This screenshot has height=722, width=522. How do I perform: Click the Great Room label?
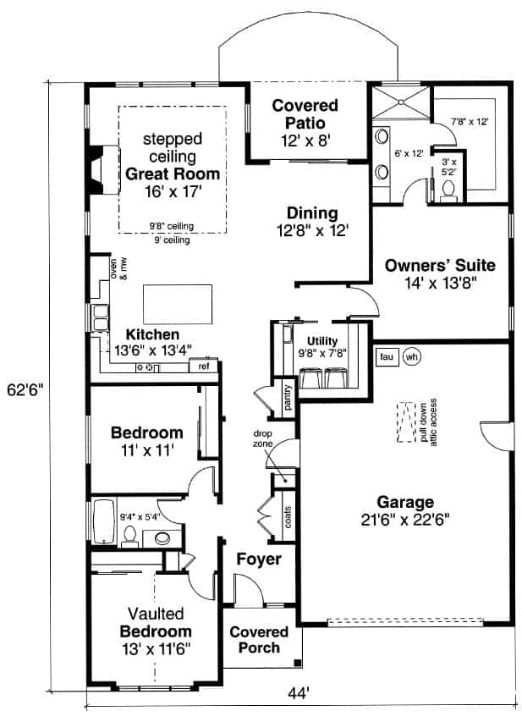[x=172, y=174]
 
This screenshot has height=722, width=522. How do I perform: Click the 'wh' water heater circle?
[x=412, y=355]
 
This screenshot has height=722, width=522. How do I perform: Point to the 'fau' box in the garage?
[x=387, y=355]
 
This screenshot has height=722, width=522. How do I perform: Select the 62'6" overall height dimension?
[x=23, y=389]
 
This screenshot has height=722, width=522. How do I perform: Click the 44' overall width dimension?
[x=297, y=693]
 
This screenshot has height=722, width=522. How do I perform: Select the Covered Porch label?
[x=259, y=640]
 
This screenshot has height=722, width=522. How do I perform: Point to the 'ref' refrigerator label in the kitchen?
[x=204, y=367]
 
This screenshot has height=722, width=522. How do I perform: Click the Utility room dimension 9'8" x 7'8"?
[x=321, y=353]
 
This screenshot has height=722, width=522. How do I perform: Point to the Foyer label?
[x=258, y=559]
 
